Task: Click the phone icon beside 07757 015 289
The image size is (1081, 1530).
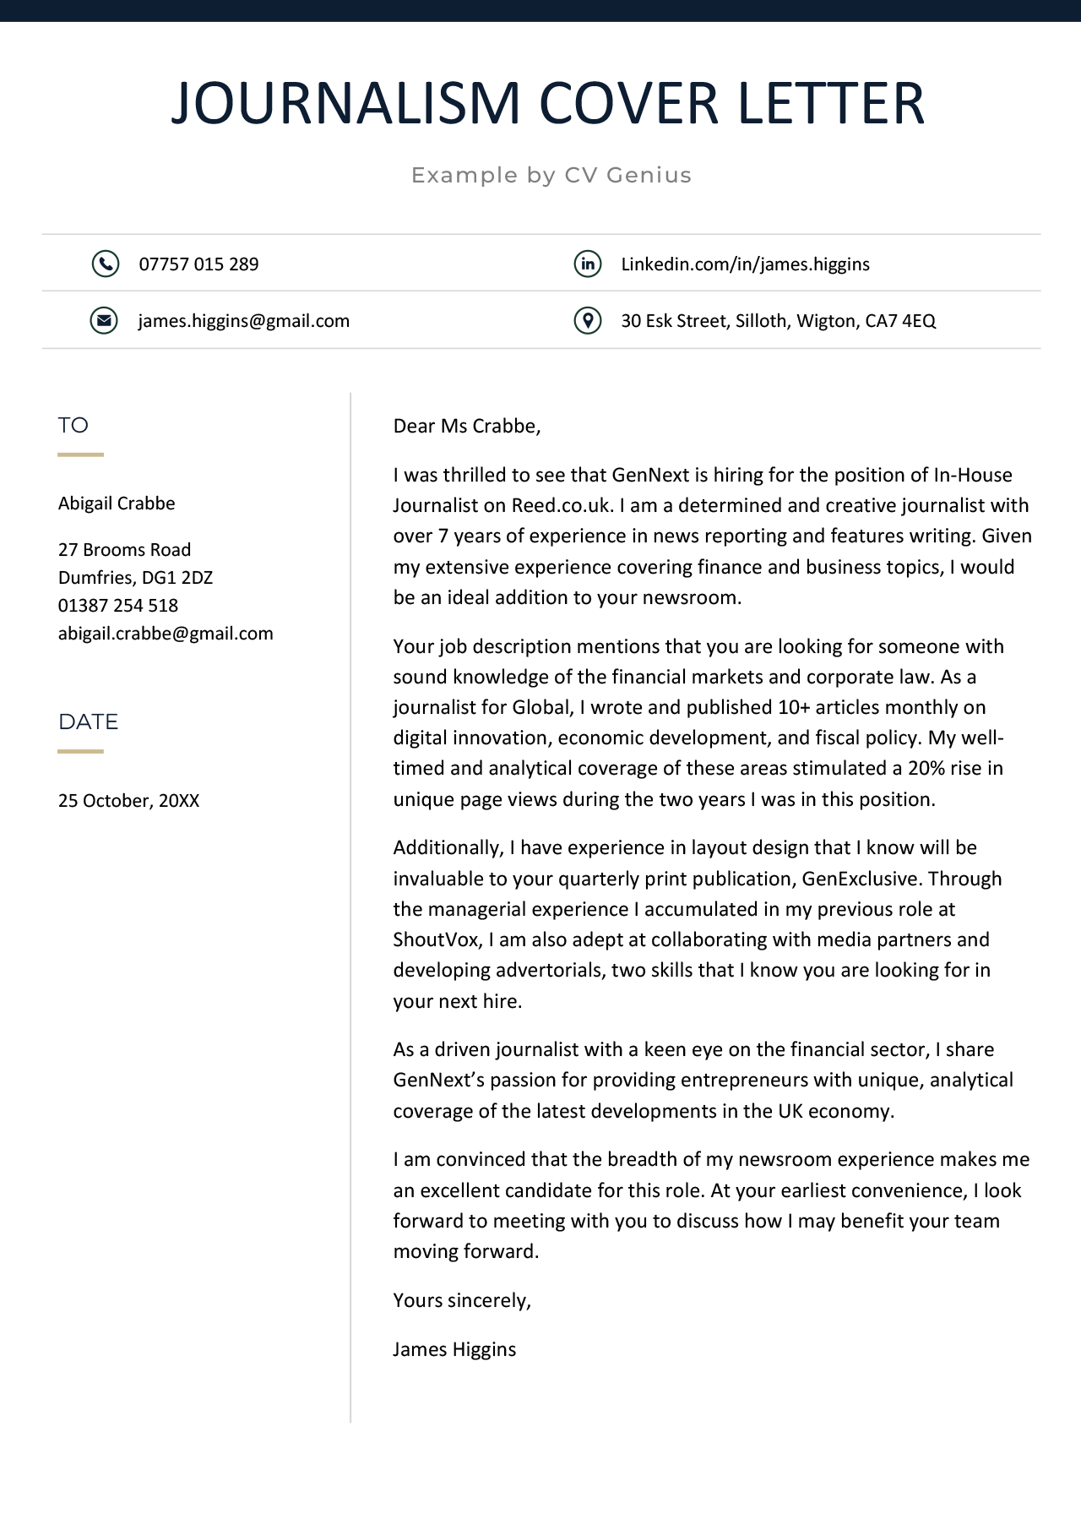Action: (x=105, y=264)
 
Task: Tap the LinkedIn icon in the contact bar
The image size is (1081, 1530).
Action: (x=588, y=264)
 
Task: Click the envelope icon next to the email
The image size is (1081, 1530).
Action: (x=104, y=321)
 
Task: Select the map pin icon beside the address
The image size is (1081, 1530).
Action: (x=588, y=321)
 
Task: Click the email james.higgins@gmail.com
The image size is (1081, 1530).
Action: (x=244, y=321)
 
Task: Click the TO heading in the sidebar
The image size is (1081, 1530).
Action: (x=73, y=425)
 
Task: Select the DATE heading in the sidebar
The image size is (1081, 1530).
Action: (x=88, y=721)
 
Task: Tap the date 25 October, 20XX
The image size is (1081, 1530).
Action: (x=128, y=801)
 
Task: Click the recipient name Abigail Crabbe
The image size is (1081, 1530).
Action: (x=117, y=504)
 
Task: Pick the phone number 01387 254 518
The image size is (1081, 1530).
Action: (x=118, y=606)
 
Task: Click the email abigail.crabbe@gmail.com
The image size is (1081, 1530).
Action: (x=166, y=634)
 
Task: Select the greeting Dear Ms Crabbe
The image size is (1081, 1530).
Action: (x=466, y=426)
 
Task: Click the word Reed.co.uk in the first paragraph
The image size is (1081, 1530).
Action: (x=561, y=506)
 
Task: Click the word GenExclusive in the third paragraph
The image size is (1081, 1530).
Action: (x=860, y=879)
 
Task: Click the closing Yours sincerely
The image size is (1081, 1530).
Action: (x=462, y=1300)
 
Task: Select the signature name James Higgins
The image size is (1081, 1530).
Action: (x=454, y=1349)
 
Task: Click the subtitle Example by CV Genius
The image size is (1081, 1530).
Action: (x=551, y=175)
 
